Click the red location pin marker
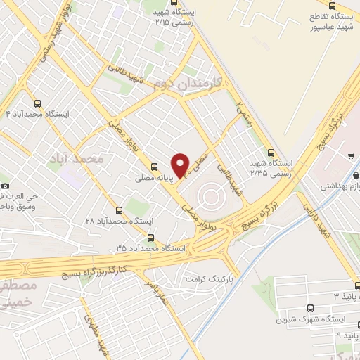click(181, 165)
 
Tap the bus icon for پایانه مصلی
click(154, 167)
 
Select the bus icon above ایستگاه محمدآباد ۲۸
click(118, 210)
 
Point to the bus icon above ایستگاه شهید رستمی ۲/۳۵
click(271, 152)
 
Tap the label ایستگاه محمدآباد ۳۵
click(150, 249)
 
